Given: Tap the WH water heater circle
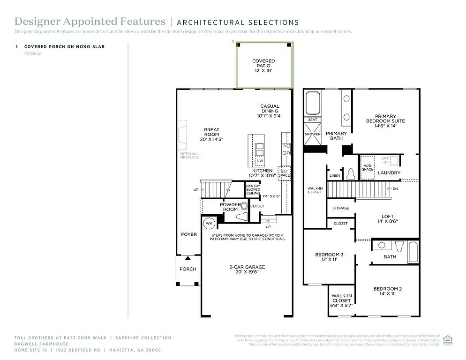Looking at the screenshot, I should point(208,223).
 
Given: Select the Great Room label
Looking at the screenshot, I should point(211,135).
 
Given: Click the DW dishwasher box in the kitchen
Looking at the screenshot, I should point(259,161).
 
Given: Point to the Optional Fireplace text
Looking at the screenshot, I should point(189,155).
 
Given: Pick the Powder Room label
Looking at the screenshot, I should point(230,207).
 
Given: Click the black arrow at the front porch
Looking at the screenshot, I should point(188,258).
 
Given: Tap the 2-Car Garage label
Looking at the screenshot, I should point(247,270).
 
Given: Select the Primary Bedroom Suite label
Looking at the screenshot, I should point(385,120).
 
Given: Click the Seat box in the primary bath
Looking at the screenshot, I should point(313,120).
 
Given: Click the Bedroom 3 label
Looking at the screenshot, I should point(329,257).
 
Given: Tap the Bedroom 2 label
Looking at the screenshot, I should point(387,291).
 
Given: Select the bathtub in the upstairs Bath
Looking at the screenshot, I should point(413,252).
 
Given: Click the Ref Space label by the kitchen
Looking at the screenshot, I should point(284,173).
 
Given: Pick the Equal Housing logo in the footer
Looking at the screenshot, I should point(448,339).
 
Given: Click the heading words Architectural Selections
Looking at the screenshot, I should point(238,22).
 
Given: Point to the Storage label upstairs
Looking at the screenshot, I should point(340,208).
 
